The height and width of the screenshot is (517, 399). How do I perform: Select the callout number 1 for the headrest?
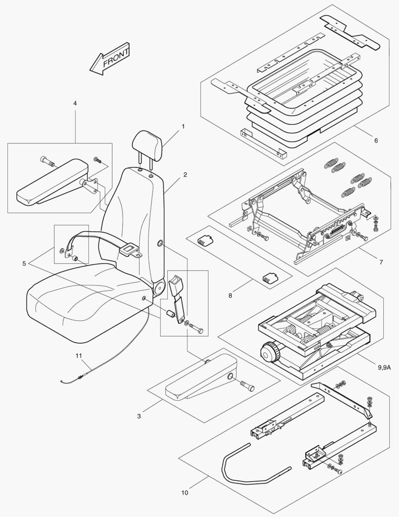(x=183, y=126)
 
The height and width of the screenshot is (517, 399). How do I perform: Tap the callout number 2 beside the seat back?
(x=185, y=175)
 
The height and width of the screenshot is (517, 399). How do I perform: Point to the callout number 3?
(x=139, y=416)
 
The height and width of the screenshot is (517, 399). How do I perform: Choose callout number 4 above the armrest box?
(x=75, y=103)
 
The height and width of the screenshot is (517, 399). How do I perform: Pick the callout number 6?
(x=376, y=141)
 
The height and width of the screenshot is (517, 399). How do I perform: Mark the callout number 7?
(x=381, y=262)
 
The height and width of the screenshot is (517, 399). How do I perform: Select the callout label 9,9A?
(x=384, y=368)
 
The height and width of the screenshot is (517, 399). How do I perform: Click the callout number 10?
(x=184, y=492)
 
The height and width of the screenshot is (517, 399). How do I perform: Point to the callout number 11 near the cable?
(x=79, y=355)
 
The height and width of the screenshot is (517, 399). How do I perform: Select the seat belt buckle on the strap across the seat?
(x=129, y=248)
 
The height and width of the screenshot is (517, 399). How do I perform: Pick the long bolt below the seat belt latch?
(x=196, y=329)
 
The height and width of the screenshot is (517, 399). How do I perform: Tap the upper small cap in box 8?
(x=205, y=239)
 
